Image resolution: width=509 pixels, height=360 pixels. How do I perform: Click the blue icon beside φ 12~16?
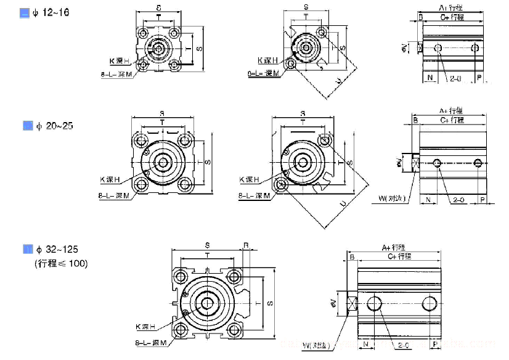coord(25,13)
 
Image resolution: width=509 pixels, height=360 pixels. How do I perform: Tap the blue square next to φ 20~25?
coord(28,126)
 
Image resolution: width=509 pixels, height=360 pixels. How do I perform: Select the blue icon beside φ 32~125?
coord(28,249)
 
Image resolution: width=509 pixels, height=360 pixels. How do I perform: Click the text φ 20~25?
coord(55,126)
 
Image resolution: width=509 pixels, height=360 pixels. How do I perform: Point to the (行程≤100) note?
coord(60,263)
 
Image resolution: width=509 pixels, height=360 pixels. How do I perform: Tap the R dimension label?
coord(246,245)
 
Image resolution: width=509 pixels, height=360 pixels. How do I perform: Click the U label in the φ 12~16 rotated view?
coord(339,81)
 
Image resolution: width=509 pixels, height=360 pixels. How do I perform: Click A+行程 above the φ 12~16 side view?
coord(451,7)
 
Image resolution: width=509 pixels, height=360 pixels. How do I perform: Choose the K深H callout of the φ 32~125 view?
coord(145,326)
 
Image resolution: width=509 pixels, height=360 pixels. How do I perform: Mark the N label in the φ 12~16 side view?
coord(430,78)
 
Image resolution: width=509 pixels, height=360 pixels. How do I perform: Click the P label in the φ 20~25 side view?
coord(482,200)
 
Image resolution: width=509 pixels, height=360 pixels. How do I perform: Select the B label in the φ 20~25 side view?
coord(416,120)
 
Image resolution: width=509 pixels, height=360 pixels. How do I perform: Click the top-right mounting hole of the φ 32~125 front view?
coord(234,275)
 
